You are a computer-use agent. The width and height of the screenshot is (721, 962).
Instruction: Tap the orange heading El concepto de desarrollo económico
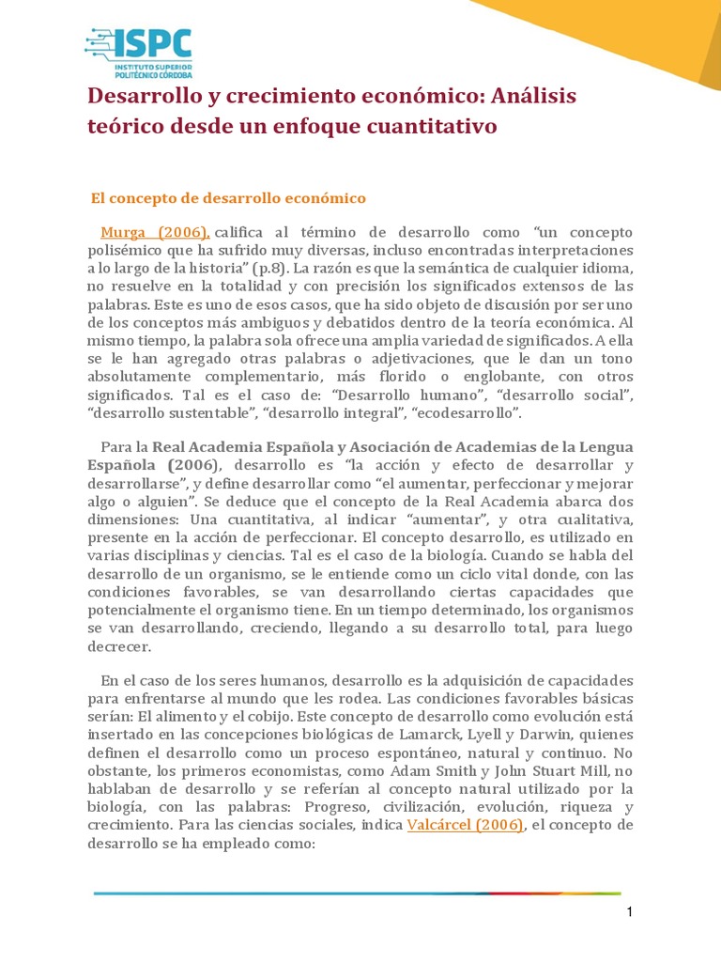[226, 198]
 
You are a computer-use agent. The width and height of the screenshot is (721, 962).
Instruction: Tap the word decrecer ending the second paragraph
[117, 647]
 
